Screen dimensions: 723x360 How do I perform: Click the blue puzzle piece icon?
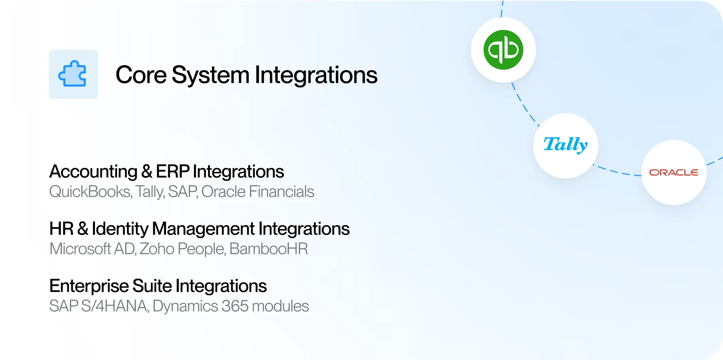click(x=72, y=74)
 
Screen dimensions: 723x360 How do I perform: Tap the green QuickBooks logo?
click(x=503, y=50)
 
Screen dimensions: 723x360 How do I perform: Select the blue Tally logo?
click(x=565, y=145)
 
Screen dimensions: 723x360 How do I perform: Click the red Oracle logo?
click(x=674, y=172)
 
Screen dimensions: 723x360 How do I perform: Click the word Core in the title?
click(x=141, y=75)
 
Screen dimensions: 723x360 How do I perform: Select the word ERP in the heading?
click(x=173, y=171)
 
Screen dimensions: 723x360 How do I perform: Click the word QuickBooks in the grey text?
click(x=91, y=192)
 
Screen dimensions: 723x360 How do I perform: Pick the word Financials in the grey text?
click(x=282, y=191)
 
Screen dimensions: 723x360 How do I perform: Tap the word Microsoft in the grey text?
click(x=80, y=249)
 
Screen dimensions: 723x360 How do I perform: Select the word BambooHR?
click(x=269, y=249)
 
